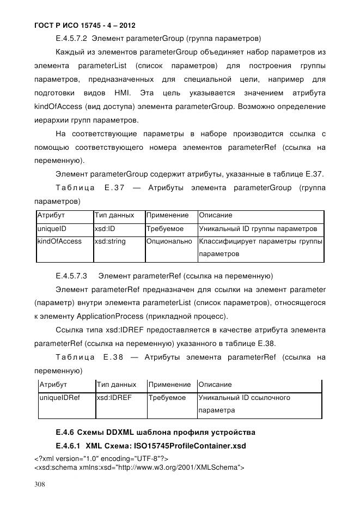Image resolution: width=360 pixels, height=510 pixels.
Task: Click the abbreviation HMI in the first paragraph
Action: tap(121, 93)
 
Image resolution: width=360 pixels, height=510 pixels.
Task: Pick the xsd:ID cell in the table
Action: tap(105, 229)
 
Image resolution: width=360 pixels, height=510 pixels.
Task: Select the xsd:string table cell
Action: tap(109, 241)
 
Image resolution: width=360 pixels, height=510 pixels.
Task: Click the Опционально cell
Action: tap(169, 241)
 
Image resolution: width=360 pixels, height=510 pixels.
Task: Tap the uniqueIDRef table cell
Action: tap(60, 398)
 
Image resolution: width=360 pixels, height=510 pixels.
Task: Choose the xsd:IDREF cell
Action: tap(114, 398)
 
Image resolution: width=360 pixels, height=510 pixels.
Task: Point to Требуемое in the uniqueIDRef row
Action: tap(167, 398)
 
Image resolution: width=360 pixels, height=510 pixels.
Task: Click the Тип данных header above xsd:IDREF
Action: tap(116, 385)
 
